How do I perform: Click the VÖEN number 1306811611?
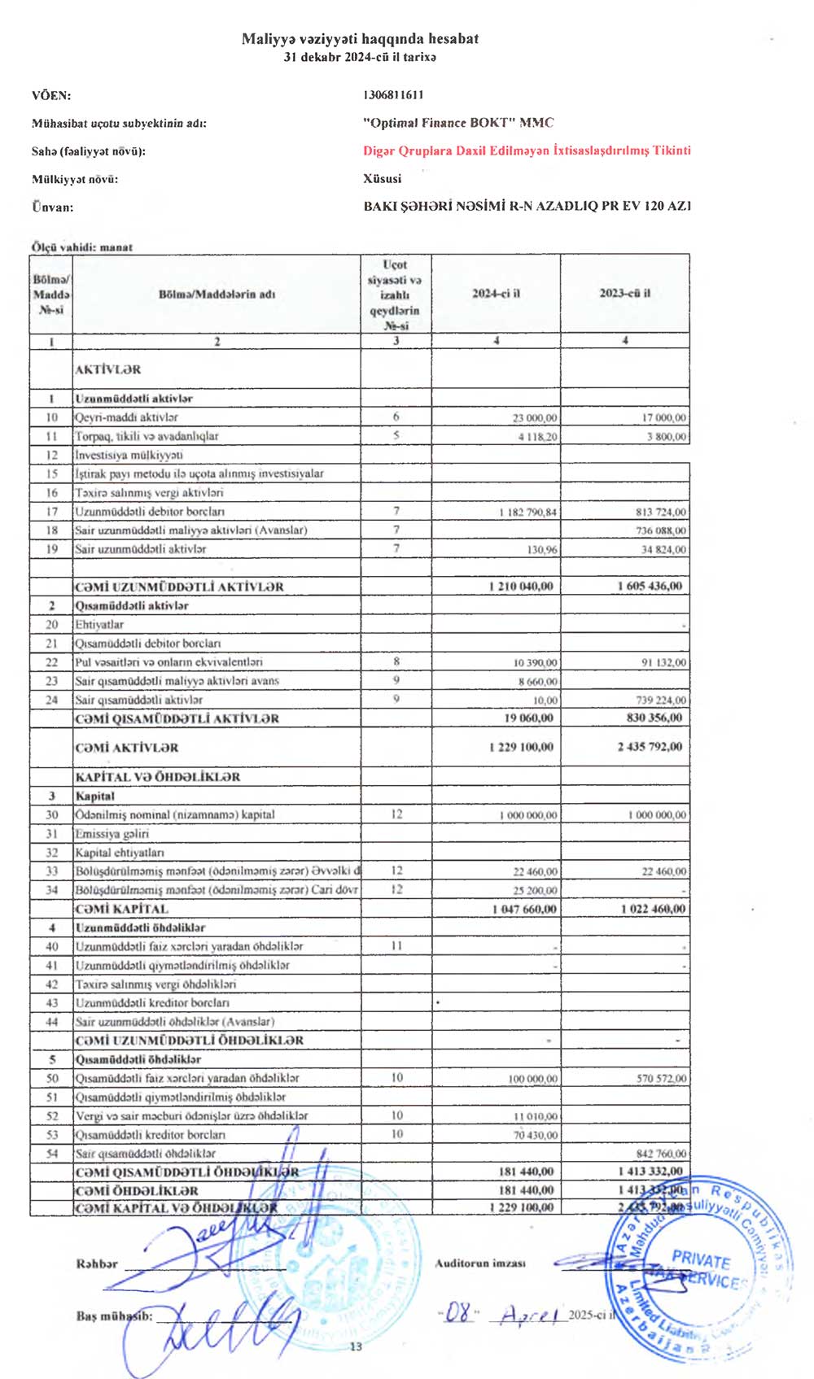coord(393,95)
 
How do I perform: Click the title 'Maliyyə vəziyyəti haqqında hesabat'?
coord(360,38)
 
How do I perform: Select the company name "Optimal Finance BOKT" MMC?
coord(458,123)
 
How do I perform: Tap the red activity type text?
coord(527,151)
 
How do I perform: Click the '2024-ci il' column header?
coord(496,293)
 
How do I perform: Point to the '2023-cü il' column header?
coord(624,293)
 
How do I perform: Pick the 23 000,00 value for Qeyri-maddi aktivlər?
coord(535,417)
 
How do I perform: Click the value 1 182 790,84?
coord(527,513)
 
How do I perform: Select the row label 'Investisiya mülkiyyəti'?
coord(129,455)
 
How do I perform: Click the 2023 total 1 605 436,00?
coord(650,586)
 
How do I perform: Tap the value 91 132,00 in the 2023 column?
coord(663,663)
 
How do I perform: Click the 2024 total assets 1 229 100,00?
coord(521,747)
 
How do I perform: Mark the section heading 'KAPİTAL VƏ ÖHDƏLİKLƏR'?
coord(157,777)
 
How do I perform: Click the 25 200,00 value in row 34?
coord(535,891)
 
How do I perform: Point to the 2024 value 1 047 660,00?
coord(524,909)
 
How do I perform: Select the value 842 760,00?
coord(661,1154)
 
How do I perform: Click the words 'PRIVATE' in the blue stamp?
coord(701,1260)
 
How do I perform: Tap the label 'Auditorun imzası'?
coord(479,1263)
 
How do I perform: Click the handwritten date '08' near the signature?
coord(460,1312)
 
